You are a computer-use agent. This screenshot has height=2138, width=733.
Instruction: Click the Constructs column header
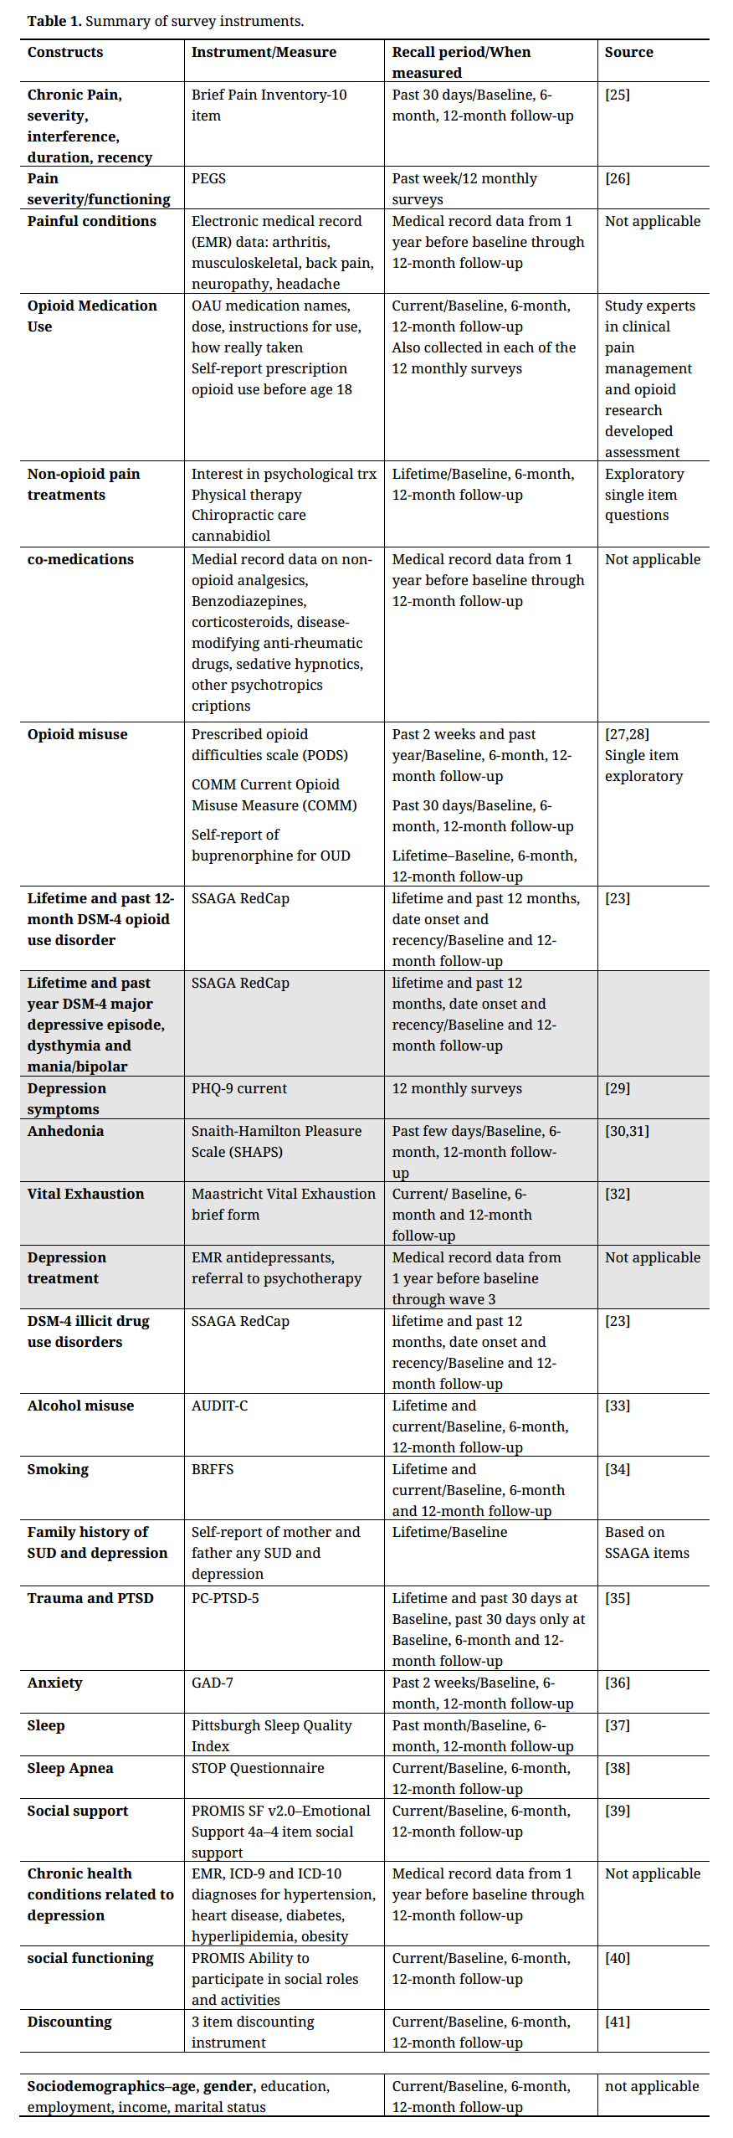pos(65,52)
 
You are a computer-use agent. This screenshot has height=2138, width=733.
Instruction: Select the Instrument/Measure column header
pos(264,52)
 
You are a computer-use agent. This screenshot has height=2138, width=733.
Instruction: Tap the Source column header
pos(628,52)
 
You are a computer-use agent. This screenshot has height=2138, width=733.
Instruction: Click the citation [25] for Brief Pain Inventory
pos(617,95)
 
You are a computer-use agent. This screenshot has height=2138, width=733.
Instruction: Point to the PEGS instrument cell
pos(208,178)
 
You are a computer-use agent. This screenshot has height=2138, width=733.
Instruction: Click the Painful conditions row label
pos(91,221)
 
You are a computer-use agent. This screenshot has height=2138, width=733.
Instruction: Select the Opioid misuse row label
pos(77,734)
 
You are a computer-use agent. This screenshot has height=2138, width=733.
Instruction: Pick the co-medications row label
pos(80,559)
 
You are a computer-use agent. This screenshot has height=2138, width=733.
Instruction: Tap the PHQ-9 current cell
pos(238,1088)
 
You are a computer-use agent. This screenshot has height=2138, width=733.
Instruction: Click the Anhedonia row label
pos(65,1131)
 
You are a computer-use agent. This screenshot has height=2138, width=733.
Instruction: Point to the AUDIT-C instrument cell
pos(219,1406)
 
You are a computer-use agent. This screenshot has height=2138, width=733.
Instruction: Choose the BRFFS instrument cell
pos(213,1469)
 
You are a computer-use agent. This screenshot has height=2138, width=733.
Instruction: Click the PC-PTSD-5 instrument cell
pos(225,1598)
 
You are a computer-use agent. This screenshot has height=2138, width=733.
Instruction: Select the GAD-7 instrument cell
pos(212,1683)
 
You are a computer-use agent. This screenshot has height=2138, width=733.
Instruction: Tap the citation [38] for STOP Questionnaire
pos(617,1768)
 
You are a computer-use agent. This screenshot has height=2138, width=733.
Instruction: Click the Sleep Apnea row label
pos(69,1768)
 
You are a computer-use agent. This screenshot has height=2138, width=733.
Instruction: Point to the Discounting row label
pos(69,2022)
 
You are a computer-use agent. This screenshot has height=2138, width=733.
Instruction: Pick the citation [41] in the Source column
pos(617,2022)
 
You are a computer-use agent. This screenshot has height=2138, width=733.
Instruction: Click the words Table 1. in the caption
pos(54,21)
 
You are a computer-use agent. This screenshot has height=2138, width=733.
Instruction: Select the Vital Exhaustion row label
pos(85,1194)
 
